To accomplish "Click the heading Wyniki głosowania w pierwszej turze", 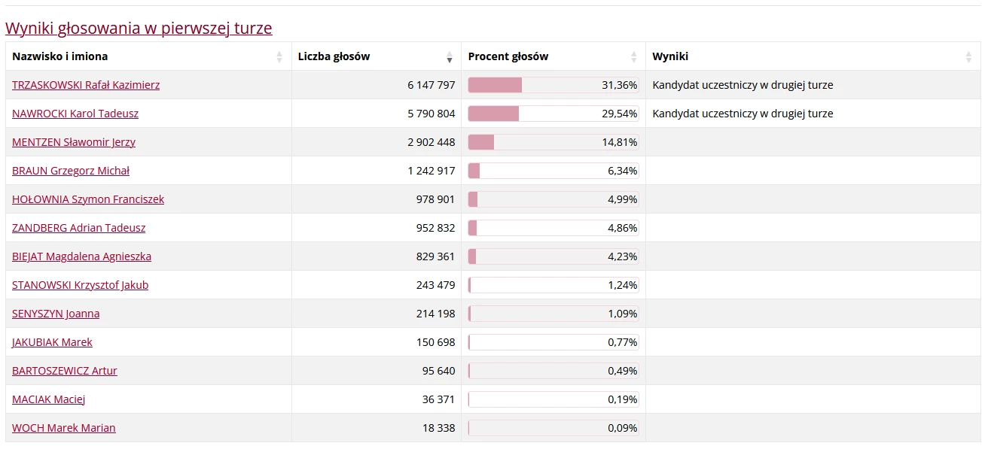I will [139, 29].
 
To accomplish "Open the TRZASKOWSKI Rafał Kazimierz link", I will [86, 85].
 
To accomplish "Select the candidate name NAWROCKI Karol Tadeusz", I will [75, 114].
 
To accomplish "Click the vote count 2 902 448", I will [431, 142].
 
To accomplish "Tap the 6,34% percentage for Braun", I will [623, 171].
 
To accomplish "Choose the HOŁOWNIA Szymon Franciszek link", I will [88, 199].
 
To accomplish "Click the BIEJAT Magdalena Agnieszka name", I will [81, 256].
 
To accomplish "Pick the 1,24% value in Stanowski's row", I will [623, 285].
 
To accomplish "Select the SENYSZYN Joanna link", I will [56, 314].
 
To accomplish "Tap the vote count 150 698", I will [436, 342].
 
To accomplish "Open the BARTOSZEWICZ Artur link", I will [65, 371].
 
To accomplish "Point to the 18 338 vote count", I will [439, 428].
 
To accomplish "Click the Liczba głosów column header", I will [334, 56].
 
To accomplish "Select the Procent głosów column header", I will [508, 56].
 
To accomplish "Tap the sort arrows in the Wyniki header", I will [968, 56].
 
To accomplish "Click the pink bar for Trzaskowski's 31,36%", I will [495, 85].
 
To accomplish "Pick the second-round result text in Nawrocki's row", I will [742, 114].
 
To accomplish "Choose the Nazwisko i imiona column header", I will [60, 56].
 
